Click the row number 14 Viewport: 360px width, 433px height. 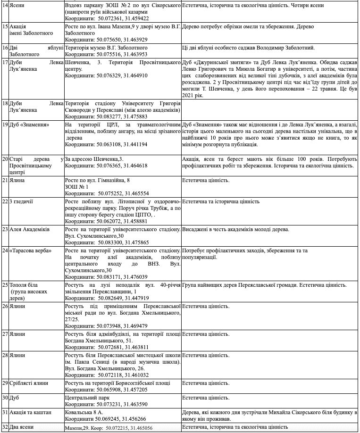point(5,6)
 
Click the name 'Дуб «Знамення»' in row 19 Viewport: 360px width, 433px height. point(29,125)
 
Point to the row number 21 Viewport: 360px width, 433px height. point(5,181)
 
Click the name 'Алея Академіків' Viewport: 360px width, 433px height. point(29,230)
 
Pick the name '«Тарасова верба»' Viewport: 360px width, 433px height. point(31,250)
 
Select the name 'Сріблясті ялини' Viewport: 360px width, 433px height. point(30,383)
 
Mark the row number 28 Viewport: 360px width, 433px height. point(5,355)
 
